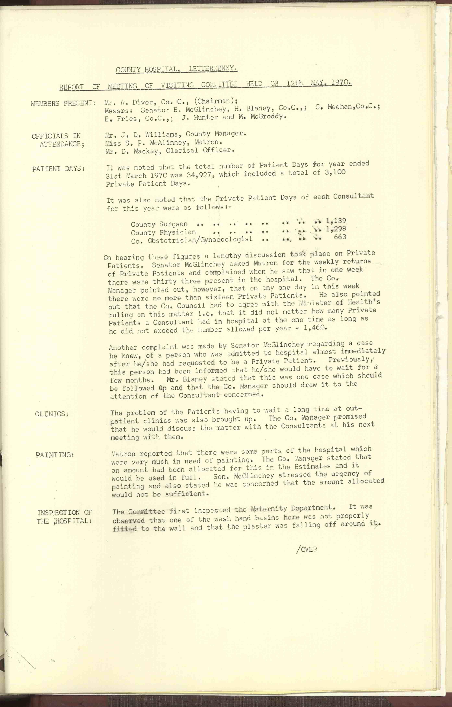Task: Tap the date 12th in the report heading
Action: point(295,83)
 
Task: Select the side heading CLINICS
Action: point(52,414)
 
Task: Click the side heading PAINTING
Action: point(55,455)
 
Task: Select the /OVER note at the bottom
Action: point(307,549)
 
